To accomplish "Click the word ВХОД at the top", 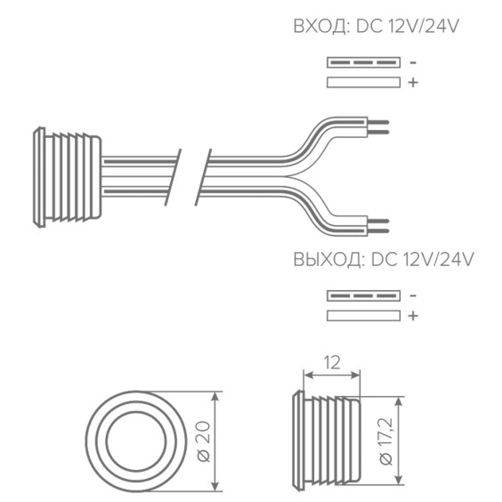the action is coord(321,26).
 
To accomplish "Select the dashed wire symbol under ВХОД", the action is coord(363,62).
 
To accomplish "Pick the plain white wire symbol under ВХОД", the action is coord(363,82).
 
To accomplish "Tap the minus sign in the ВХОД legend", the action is coord(413,62).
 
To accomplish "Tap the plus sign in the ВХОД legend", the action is coord(413,82).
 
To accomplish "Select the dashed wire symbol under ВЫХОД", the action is coord(363,296).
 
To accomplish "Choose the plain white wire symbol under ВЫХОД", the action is coord(363,316).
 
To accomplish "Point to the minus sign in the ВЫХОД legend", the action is coord(413,296).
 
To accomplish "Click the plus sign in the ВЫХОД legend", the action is coord(413,316).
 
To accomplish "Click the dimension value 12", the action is coord(332,363).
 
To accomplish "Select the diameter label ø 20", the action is coord(204,441).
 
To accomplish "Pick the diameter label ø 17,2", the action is coord(385,441).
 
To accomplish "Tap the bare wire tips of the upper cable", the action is coord(377,127).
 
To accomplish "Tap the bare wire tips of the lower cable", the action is coord(377,226).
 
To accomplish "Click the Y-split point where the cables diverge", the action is coord(291,176).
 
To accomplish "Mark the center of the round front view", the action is coord(136,441).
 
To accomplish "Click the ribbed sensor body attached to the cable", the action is coord(68,177).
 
